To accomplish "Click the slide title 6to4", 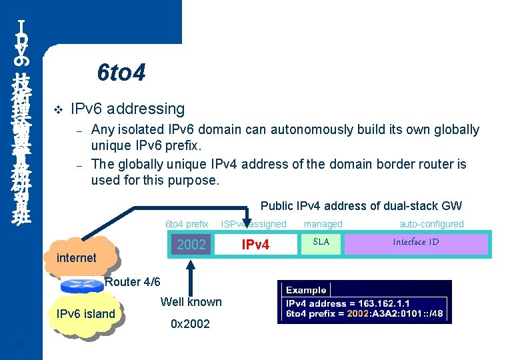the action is pyautogui.click(x=121, y=72).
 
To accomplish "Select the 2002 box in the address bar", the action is pyautogui.click(x=191, y=245).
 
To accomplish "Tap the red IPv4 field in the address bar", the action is pyautogui.click(x=255, y=245).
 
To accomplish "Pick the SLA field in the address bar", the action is pyautogui.click(x=321, y=242).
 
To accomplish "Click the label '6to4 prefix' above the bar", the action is pyautogui.click(x=187, y=225).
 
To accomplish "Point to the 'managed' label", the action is pyautogui.click(x=323, y=225).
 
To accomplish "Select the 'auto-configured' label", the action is pyautogui.click(x=431, y=225).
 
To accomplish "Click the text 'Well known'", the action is pyautogui.click(x=191, y=302).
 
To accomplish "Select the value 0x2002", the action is pyautogui.click(x=190, y=324).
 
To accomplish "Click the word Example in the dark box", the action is pyautogui.click(x=306, y=290).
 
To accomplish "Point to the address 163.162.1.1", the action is pyautogui.click(x=384, y=303).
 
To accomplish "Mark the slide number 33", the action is pyautogui.click(x=20, y=344).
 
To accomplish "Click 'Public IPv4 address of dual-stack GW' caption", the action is pyautogui.click(x=361, y=207).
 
